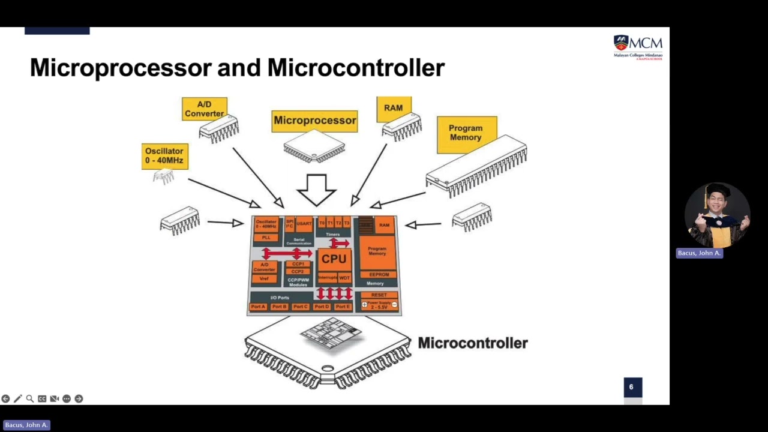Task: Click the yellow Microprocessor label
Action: click(314, 120)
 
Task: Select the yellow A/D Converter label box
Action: click(204, 109)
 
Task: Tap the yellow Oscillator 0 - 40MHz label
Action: click(164, 156)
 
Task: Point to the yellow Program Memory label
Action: click(466, 133)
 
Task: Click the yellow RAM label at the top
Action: click(394, 108)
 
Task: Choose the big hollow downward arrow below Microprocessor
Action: click(316, 190)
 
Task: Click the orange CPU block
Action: click(334, 259)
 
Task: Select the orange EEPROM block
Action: click(379, 275)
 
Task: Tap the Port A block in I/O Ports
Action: click(258, 307)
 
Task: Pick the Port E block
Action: click(343, 307)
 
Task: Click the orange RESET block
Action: click(379, 295)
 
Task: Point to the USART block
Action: click(304, 224)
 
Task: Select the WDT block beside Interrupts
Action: click(344, 278)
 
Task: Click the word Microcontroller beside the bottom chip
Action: click(472, 343)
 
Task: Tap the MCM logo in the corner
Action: click(638, 47)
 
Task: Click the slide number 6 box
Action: click(631, 387)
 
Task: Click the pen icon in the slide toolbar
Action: click(18, 398)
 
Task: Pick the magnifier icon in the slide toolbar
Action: click(30, 398)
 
